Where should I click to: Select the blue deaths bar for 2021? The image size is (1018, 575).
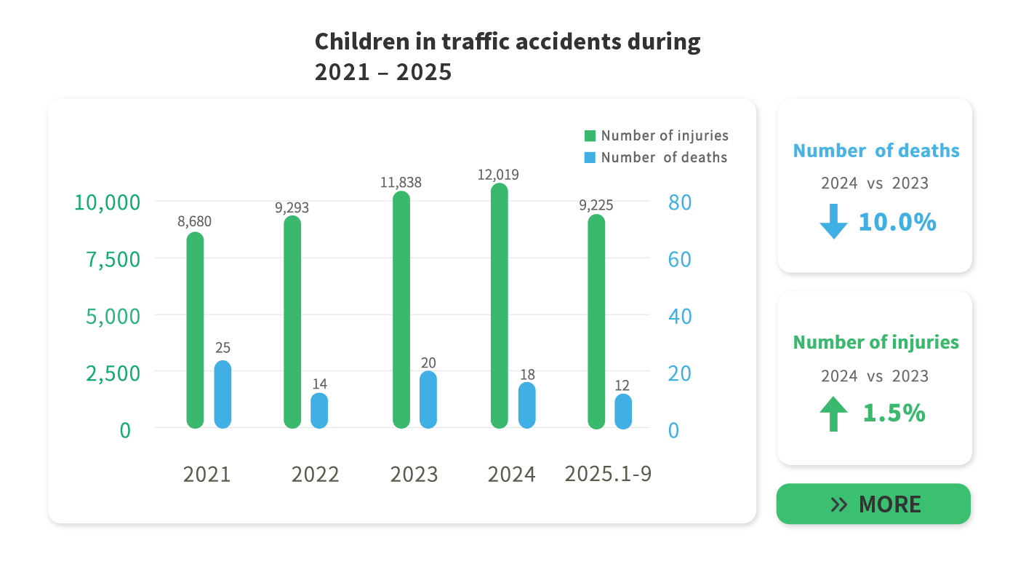pos(223,394)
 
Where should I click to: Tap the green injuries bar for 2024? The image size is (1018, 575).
pos(499,306)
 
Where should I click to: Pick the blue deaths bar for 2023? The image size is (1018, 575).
pos(428,400)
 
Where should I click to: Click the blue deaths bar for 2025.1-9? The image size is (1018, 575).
pos(623,411)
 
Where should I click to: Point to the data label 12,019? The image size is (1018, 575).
pos(498,175)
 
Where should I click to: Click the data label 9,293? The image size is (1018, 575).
pos(292,207)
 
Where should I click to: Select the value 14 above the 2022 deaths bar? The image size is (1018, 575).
pos(320,384)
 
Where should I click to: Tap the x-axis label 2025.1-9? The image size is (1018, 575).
pos(608,474)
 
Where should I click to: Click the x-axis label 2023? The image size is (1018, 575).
pos(414,475)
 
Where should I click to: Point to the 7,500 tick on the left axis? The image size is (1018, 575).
pos(113,259)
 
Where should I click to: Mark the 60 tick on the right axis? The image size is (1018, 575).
pos(679,259)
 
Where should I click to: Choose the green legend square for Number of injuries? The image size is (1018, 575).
pos(590,136)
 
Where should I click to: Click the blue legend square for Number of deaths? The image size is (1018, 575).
pos(590,157)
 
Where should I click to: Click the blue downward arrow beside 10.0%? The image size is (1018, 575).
pos(833,221)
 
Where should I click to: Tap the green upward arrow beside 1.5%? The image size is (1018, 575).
pos(833,413)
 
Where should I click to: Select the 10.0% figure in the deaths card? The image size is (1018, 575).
pos(897,222)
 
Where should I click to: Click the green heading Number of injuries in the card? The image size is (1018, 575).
pos(875,342)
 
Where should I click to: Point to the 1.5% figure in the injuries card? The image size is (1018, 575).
pos(894,413)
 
